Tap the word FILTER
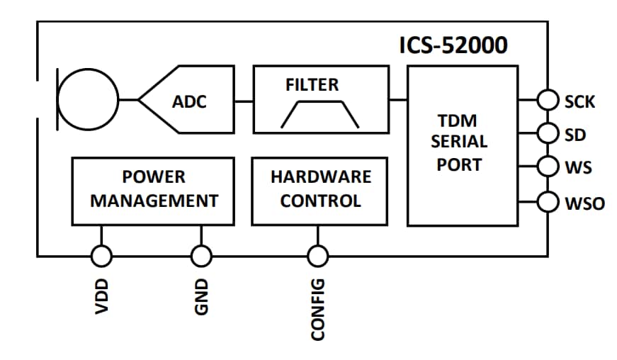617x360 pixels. click(312, 84)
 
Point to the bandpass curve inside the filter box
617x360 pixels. click(319, 113)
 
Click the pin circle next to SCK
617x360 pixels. click(548, 101)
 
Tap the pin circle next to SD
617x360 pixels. click(548, 133)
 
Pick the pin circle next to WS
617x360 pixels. click(548, 167)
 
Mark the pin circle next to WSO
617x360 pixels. click(548, 202)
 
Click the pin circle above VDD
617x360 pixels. click(102, 255)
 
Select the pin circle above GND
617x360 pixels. click(202, 255)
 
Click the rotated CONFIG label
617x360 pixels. click(317, 308)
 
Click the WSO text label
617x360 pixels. click(584, 204)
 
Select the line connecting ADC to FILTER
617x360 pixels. click(244, 101)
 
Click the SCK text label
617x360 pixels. click(579, 102)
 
